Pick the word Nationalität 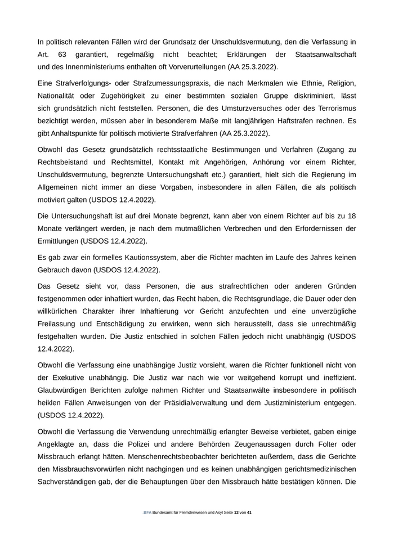coord(58,96)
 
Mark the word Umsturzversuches coord(244,108)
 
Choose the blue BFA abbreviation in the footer coord(147,513)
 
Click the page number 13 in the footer coord(236,513)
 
